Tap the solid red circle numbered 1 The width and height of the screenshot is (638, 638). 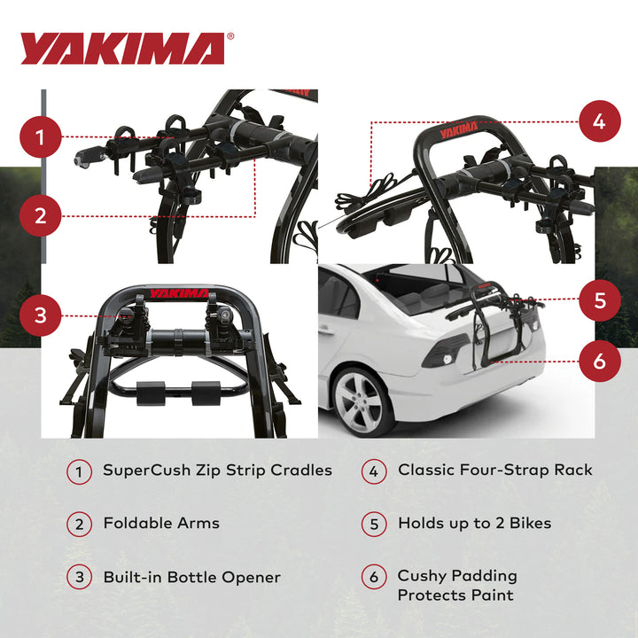coord(40,137)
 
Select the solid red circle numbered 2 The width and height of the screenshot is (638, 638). coord(40,214)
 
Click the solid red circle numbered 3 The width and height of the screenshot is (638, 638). coord(40,315)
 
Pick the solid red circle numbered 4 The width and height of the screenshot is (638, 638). coord(599,121)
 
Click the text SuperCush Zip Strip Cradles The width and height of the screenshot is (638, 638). coord(217,471)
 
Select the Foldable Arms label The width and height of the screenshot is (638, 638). coord(161,523)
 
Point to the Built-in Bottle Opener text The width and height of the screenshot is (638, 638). coord(191,577)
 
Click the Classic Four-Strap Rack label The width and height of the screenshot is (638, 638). coord(494,471)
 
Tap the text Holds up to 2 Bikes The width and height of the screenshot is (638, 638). coord(474,523)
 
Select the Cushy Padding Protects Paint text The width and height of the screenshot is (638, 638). coord(456,586)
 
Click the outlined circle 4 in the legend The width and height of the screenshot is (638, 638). coord(374,471)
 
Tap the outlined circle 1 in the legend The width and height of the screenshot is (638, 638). coord(79,471)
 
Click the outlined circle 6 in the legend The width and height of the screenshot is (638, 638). coord(374,578)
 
